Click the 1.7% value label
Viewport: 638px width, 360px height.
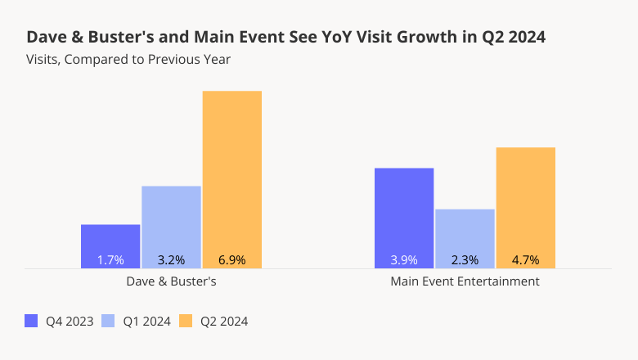[110, 260]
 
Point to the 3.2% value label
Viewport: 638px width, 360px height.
[171, 260]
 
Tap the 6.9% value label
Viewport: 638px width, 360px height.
[232, 260]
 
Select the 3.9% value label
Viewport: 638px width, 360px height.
[404, 260]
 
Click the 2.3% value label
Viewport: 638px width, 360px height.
[465, 260]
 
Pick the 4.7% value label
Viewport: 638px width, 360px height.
[526, 260]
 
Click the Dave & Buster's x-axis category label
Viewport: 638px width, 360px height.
[171, 281]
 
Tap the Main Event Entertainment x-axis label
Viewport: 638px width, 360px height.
[465, 281]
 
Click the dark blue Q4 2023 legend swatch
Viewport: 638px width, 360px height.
[32, 321]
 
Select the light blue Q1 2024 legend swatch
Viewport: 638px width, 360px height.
[108, 321]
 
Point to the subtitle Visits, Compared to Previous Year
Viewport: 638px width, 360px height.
[128, 59]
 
